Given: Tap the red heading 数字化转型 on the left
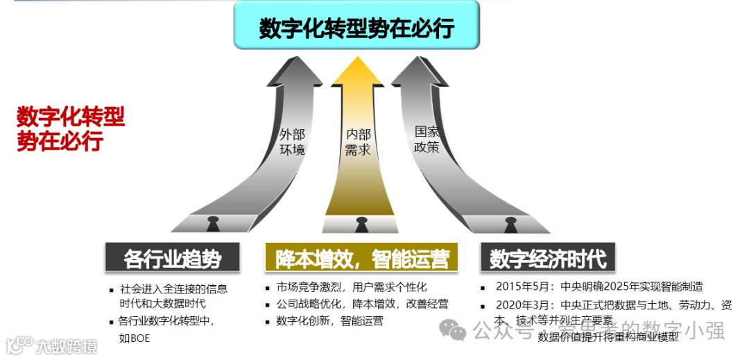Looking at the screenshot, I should point(71,117).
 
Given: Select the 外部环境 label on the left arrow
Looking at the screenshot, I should point(292,142).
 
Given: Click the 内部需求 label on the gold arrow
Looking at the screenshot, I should point(358,142).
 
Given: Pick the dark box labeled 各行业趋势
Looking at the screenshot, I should point(173,258).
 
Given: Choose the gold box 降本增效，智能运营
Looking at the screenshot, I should point(361,258).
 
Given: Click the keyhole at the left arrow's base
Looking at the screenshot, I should point(212,224).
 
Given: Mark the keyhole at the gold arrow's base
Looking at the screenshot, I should point(361,224).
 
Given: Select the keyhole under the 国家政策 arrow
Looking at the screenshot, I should point(511,224).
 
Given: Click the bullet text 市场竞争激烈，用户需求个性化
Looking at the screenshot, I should point(352,287).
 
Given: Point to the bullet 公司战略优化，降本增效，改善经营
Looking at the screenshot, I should point(362,304).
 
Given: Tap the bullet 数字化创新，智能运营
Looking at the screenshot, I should point(329,320).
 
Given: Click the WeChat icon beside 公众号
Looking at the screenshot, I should point(455,332).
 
